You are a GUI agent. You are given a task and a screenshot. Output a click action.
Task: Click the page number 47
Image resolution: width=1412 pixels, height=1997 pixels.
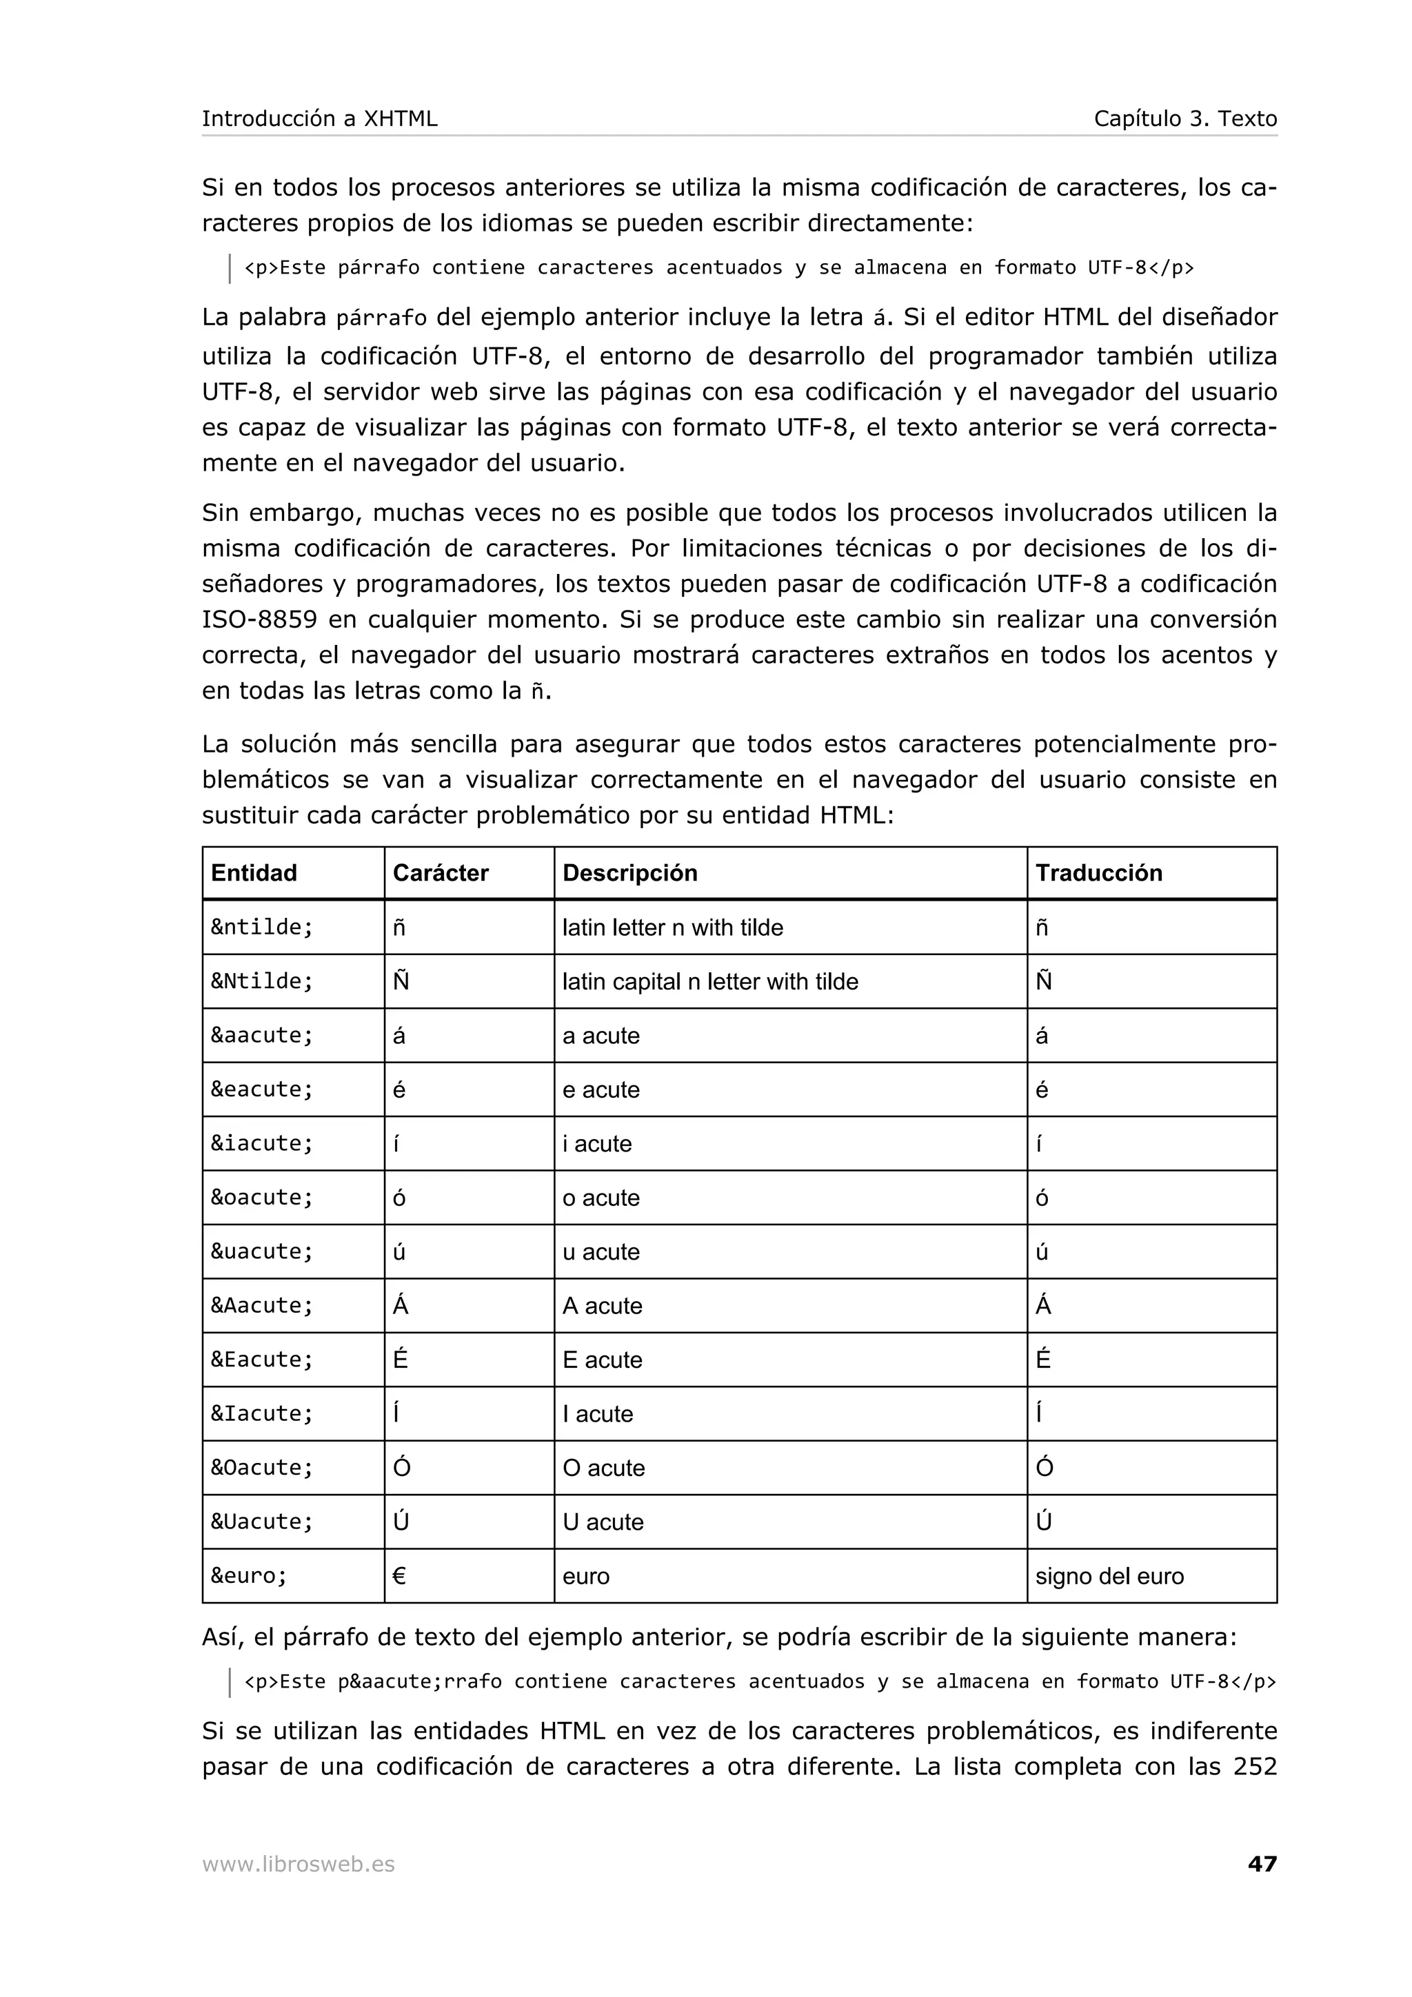(x=1262, y=1863)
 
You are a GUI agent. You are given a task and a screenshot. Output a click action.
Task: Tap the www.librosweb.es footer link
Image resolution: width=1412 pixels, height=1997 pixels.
(x=299, y=1864)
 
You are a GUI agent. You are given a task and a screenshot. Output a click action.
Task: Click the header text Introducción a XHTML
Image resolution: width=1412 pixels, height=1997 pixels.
(x=319, y=119)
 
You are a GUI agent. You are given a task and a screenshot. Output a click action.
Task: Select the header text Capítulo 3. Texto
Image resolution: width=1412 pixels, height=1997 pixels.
(x=1185, y=119)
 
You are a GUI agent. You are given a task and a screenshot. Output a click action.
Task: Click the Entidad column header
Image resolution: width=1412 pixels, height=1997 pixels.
(x=254, y=872)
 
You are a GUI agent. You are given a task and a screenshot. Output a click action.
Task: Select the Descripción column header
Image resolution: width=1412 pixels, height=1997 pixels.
(x=630, y=872)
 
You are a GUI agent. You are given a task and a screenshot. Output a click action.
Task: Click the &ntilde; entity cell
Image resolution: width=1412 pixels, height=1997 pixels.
(x=262, y=928)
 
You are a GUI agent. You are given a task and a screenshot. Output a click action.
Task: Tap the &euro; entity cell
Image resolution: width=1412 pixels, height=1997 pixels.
(x=249, y=1576)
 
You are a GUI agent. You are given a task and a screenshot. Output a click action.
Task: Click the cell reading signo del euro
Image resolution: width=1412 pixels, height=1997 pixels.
(x=1109, y=1576)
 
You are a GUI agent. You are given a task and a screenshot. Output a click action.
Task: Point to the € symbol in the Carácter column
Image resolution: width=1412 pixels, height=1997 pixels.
(x=399, y=1576)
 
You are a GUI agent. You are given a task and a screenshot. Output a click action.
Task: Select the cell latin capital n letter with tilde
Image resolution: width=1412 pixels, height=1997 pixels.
(x=710, y=981)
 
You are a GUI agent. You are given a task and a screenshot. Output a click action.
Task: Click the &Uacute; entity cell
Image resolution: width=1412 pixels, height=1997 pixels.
(x=262, y=1522)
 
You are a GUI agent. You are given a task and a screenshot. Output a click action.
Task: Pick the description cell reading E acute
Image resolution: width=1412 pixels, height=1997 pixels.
(x=602, y=1360)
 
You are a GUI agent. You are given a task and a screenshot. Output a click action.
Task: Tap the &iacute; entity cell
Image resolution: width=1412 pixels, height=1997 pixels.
(x=262, y=1144)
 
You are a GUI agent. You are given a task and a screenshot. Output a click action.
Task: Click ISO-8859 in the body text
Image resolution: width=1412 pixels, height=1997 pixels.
(x=259, y=619)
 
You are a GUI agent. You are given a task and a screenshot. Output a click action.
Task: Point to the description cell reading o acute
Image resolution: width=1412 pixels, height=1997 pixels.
(x=601, y=1198)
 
